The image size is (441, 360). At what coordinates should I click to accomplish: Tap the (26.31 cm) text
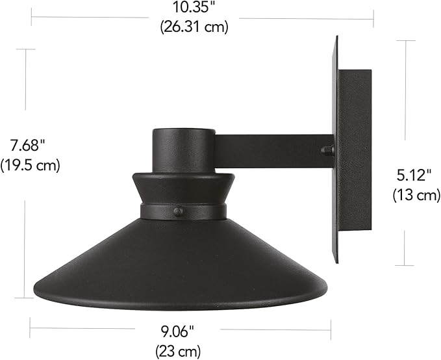pyautogui.click(x=193, y=27)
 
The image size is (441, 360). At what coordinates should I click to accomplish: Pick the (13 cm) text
pyautogui.click(x=416, y=195)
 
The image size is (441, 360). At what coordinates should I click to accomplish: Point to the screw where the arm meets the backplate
pyautogui.click(x=327, y=151)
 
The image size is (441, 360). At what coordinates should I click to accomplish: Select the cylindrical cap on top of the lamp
pyautogui.click(x=184, y=150)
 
